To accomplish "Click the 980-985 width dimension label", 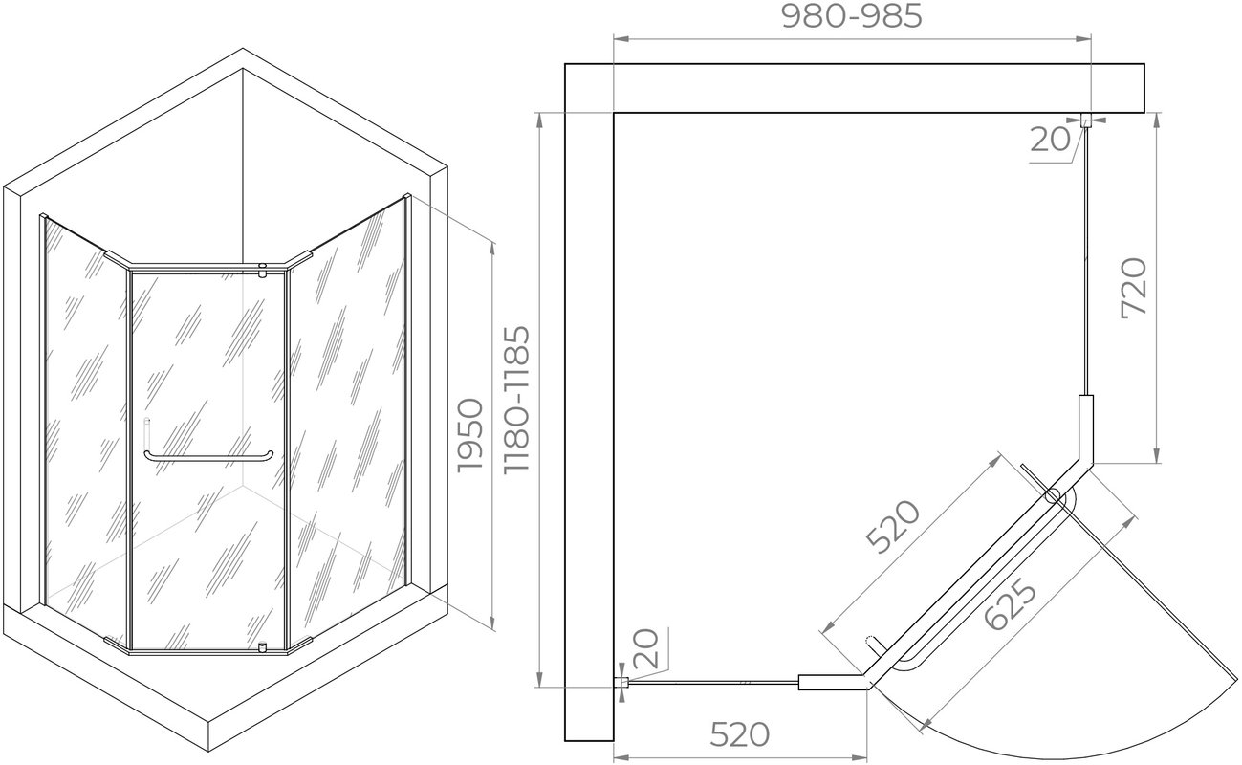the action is pos(852,16).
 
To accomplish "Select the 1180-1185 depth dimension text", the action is pos(516,399).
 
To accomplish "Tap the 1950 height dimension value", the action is pos(470,435).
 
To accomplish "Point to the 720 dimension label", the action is pos(1133,288).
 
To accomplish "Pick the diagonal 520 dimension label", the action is pos(894,527).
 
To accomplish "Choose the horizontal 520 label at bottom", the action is pos(740,734).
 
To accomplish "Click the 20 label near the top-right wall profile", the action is pos(1050,140).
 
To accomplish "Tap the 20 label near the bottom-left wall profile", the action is pos(645,648).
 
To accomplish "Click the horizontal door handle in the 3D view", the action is pos(208,458).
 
